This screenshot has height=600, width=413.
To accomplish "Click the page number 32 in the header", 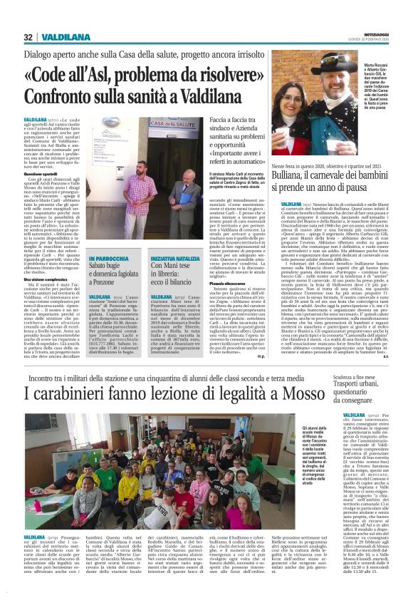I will pyautogui.click(x=28, y=37).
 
